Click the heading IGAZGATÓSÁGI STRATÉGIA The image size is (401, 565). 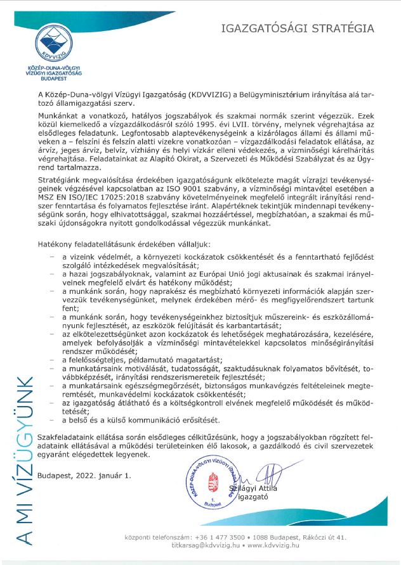coord(298,29)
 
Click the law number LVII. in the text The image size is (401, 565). coord(244,125)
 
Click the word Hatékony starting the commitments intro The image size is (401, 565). coord(56,243)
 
